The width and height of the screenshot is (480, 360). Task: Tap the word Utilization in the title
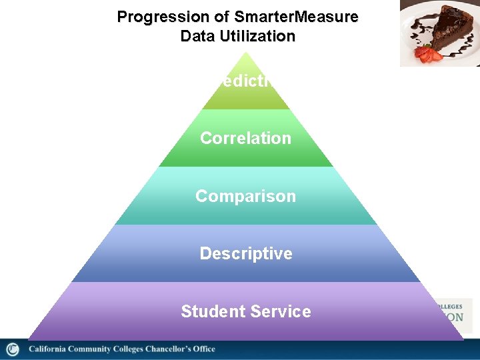coord(256,36)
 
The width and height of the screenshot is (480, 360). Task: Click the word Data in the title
coord(197,36)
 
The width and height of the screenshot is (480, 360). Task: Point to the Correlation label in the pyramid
coord(245,138)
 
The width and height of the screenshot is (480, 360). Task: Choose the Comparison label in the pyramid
coord(245,196)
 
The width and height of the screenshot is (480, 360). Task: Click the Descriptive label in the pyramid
coord(245,253)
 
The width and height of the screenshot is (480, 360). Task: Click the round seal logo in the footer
coord(13,349)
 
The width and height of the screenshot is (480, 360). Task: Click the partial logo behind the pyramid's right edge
coord(455,313)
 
